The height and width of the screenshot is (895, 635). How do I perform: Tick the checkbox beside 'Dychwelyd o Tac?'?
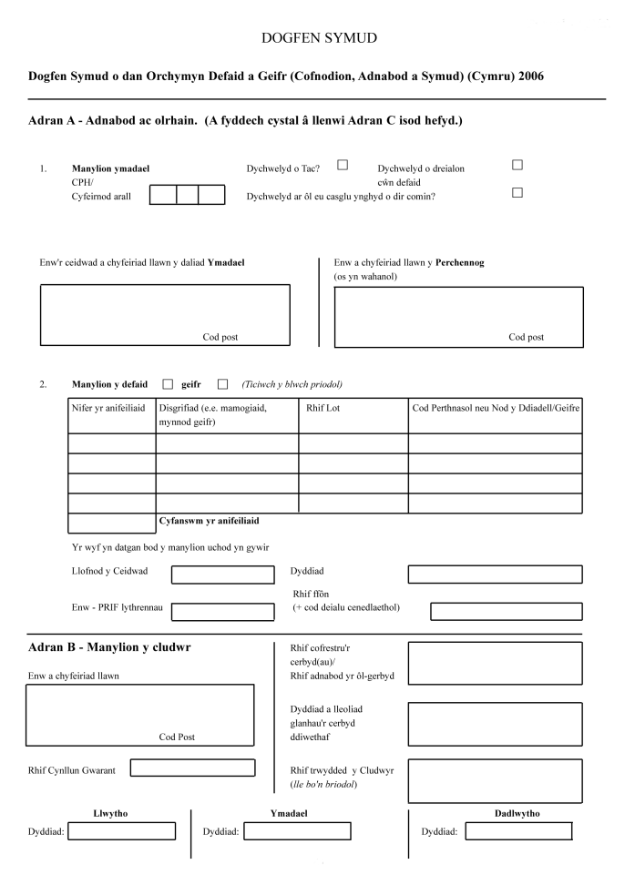click(343, 165)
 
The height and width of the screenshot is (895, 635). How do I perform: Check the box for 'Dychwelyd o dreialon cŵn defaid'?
click(517, 165)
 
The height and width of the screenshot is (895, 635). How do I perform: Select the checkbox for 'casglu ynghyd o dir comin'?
click(517, 192)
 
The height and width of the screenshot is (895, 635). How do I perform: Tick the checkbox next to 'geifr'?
click(222, 383)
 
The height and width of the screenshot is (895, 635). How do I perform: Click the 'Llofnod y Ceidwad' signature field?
click(222, 575)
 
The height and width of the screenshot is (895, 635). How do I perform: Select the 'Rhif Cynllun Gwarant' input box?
click(192, 768)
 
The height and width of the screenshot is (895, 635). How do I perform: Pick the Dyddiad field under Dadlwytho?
click(518, 830)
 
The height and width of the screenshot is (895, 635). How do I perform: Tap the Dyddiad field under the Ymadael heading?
click(296, 830)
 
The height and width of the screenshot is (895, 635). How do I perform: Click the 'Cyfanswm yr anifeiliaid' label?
click(210, 521)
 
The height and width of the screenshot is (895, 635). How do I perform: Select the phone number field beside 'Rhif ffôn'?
click(506, 611)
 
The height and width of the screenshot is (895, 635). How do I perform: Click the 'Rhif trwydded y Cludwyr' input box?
click(495, 780)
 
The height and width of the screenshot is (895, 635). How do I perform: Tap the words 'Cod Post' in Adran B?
click(177, 737)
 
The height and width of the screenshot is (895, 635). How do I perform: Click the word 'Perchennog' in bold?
click(460, 262)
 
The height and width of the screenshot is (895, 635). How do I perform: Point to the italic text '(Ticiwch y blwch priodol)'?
click(292, 383)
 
